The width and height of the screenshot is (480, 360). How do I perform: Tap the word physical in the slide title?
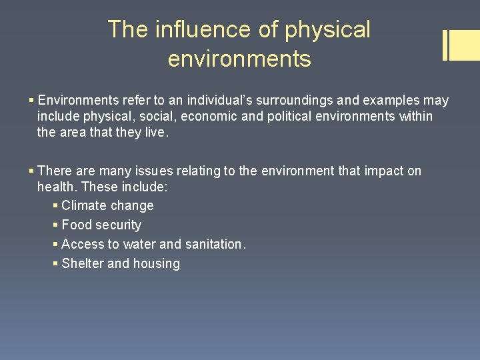(327, 29)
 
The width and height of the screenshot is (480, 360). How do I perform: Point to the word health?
(57, 187)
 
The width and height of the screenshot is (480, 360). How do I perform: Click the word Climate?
(83, 206)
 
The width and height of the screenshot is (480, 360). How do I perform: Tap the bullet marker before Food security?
(55, 225)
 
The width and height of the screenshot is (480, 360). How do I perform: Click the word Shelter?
(82, 264)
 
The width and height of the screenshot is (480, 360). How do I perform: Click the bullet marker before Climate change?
(55, 206)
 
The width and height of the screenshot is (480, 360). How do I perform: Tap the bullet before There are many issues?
(32, 171)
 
